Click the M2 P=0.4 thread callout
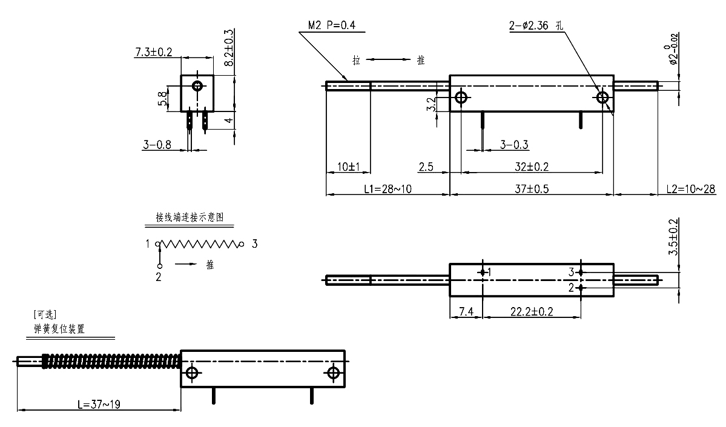tap(331, 25)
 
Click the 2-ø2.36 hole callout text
tap(536, 25)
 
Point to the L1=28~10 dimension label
tap(388, 189)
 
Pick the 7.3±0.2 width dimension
tap(153, 53)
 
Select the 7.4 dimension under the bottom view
tap(466, 311)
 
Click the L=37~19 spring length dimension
tap(98, 405)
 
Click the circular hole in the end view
tap(197, 85)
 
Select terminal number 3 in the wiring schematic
tap(255, 244)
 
